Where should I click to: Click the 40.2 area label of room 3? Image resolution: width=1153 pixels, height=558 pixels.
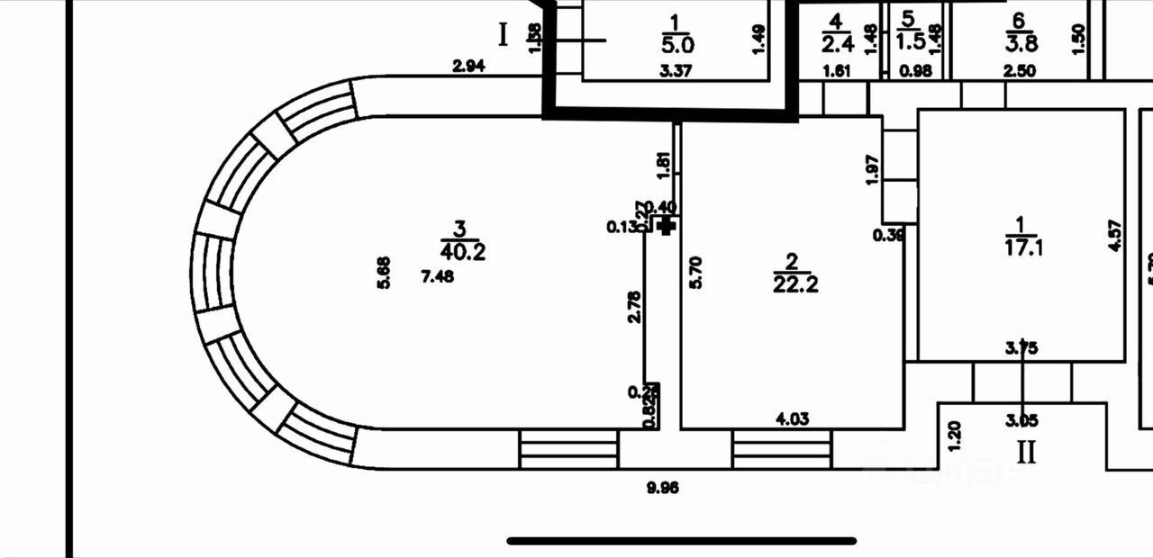click(x=464, y=253)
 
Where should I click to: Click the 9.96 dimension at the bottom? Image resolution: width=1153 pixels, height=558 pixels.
click(x=662, y=489)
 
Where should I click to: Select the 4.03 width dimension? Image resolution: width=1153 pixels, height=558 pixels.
click(x=792, y=418)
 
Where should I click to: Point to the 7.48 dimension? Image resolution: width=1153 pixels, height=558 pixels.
click(x=438, y=276)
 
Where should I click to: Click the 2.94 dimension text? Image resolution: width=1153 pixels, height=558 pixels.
click(x=469, y=67)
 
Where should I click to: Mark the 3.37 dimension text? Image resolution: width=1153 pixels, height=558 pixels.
click(x=676, y=72)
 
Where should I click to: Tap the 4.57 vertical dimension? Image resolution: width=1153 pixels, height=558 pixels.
click(x=1115, y=236)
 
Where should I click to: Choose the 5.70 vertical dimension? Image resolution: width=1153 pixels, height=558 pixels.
click(x=695, y=272)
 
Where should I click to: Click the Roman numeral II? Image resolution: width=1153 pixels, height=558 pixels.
click(x=1026, y=451)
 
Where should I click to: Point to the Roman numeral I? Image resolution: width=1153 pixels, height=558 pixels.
click(x=504, y=35)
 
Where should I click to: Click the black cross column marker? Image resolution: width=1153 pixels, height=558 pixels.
click(x=667, y=226)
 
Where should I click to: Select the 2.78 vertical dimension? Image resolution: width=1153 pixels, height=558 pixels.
click(x=634, y=305)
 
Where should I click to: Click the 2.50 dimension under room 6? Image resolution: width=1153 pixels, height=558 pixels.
click(x=1018, y=71)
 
